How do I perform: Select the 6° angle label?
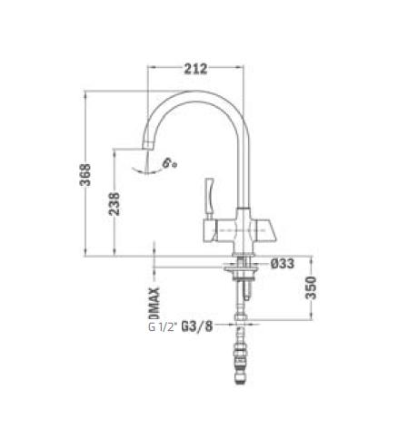(169, 162)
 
